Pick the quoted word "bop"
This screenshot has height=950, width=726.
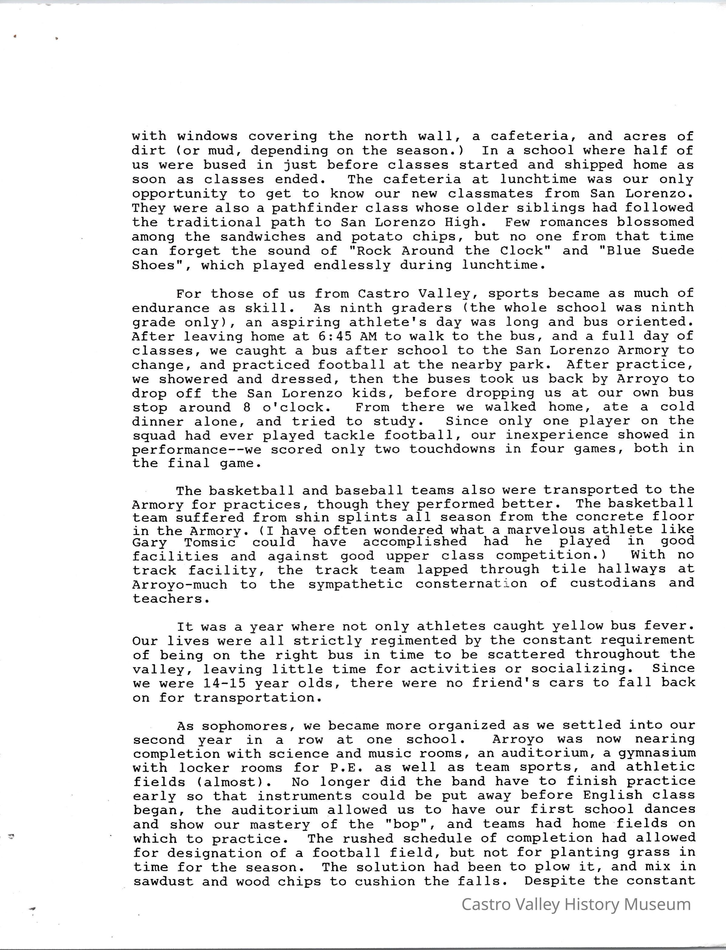415,824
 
